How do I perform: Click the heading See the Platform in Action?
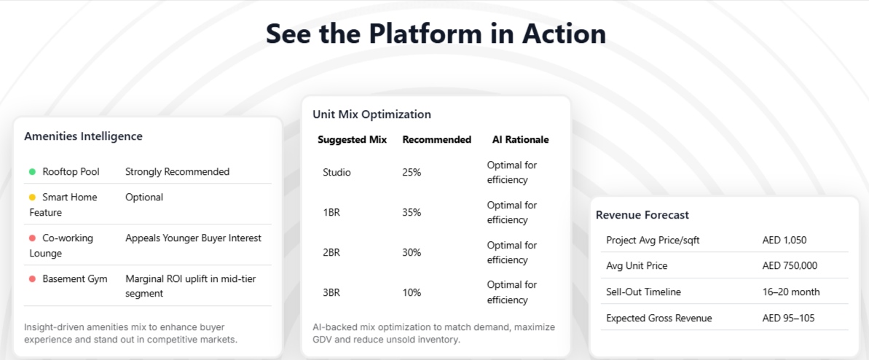click(436, 34)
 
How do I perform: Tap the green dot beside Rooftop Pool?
click(32, 172)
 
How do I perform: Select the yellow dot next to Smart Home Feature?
click(32, 197)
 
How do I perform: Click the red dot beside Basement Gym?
click(32, 279)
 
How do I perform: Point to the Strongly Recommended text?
click(177, 172)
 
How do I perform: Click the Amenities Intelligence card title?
click(83, 136)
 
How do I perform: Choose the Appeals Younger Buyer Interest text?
click(194, 238)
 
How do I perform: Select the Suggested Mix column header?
click(353, 140)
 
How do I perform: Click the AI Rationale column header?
click(520, 140)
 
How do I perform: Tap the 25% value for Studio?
click(412, 173)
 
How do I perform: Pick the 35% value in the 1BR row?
click(412, 213)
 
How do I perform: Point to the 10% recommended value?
click(412, 293)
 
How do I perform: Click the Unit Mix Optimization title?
click(372, 115)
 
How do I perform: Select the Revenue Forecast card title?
click(642, 215)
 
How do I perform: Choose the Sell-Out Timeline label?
click(643, 292)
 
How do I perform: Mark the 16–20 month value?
click(791, 292)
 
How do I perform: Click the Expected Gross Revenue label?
click(659, 318)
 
